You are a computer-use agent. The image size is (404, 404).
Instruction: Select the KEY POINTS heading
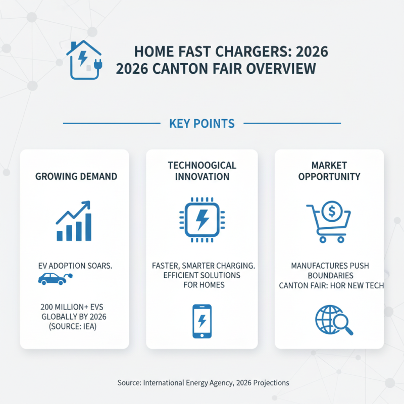pos(202,123)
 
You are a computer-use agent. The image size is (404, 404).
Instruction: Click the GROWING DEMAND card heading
pos(76,177)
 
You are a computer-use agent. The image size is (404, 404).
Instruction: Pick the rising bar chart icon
pos(74,221)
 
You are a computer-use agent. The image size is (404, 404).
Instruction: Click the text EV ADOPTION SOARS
pos(75,265)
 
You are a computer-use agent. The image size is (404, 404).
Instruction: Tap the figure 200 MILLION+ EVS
pos(74,307)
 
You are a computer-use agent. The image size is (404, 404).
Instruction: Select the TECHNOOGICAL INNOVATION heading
pos(201,171)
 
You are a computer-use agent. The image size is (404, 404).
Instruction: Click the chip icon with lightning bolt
pos(201,219)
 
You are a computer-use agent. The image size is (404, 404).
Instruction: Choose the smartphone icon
pos(201,321)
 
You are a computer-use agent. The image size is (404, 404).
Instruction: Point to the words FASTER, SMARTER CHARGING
pos(201,265)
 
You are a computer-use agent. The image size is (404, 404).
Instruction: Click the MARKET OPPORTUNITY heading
pos(329,171)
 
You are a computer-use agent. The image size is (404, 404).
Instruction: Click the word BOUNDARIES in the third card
pos(329,276)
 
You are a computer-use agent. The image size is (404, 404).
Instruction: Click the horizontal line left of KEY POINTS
pos(111,123)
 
